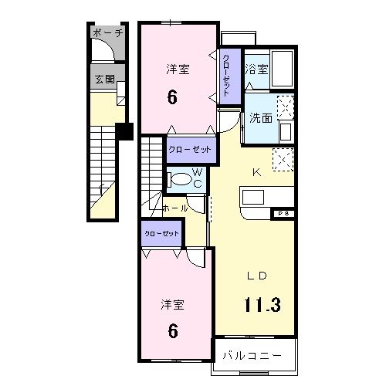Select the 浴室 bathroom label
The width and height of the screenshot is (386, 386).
257,69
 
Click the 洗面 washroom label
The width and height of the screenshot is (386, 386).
260,118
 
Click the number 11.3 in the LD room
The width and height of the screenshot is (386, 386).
262,303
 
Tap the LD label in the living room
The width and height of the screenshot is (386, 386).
257,276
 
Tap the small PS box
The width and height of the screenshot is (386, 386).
281,212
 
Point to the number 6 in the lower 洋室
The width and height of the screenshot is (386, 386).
173,331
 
